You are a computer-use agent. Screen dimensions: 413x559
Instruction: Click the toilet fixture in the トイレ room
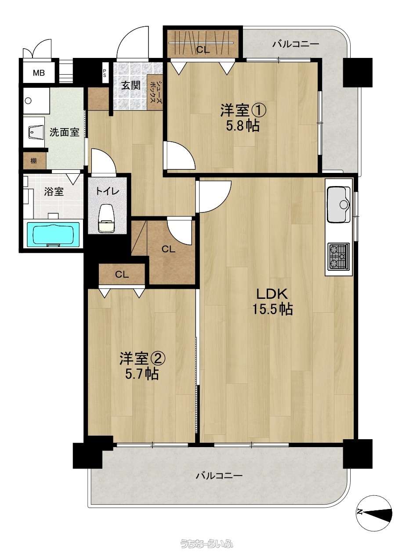click(107, 218)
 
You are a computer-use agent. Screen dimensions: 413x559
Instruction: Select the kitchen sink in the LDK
click(338, 204)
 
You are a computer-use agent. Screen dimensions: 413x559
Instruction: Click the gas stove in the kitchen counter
click(338, 256)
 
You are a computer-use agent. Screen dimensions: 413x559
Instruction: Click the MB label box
click(39, 73)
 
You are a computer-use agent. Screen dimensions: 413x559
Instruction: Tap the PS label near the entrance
click(104, 73)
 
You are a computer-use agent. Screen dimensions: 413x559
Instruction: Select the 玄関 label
click(131, 86)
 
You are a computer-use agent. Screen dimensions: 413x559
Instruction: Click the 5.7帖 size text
click(142, 373)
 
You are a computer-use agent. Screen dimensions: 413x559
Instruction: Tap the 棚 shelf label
click(33, 161)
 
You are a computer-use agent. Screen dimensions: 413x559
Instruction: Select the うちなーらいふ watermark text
click(207, 543)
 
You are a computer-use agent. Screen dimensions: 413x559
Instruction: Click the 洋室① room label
click(243, 111)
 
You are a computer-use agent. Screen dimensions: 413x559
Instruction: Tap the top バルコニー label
click(296, 44)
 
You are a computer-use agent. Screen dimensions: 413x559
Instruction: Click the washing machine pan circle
click(28, 101)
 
